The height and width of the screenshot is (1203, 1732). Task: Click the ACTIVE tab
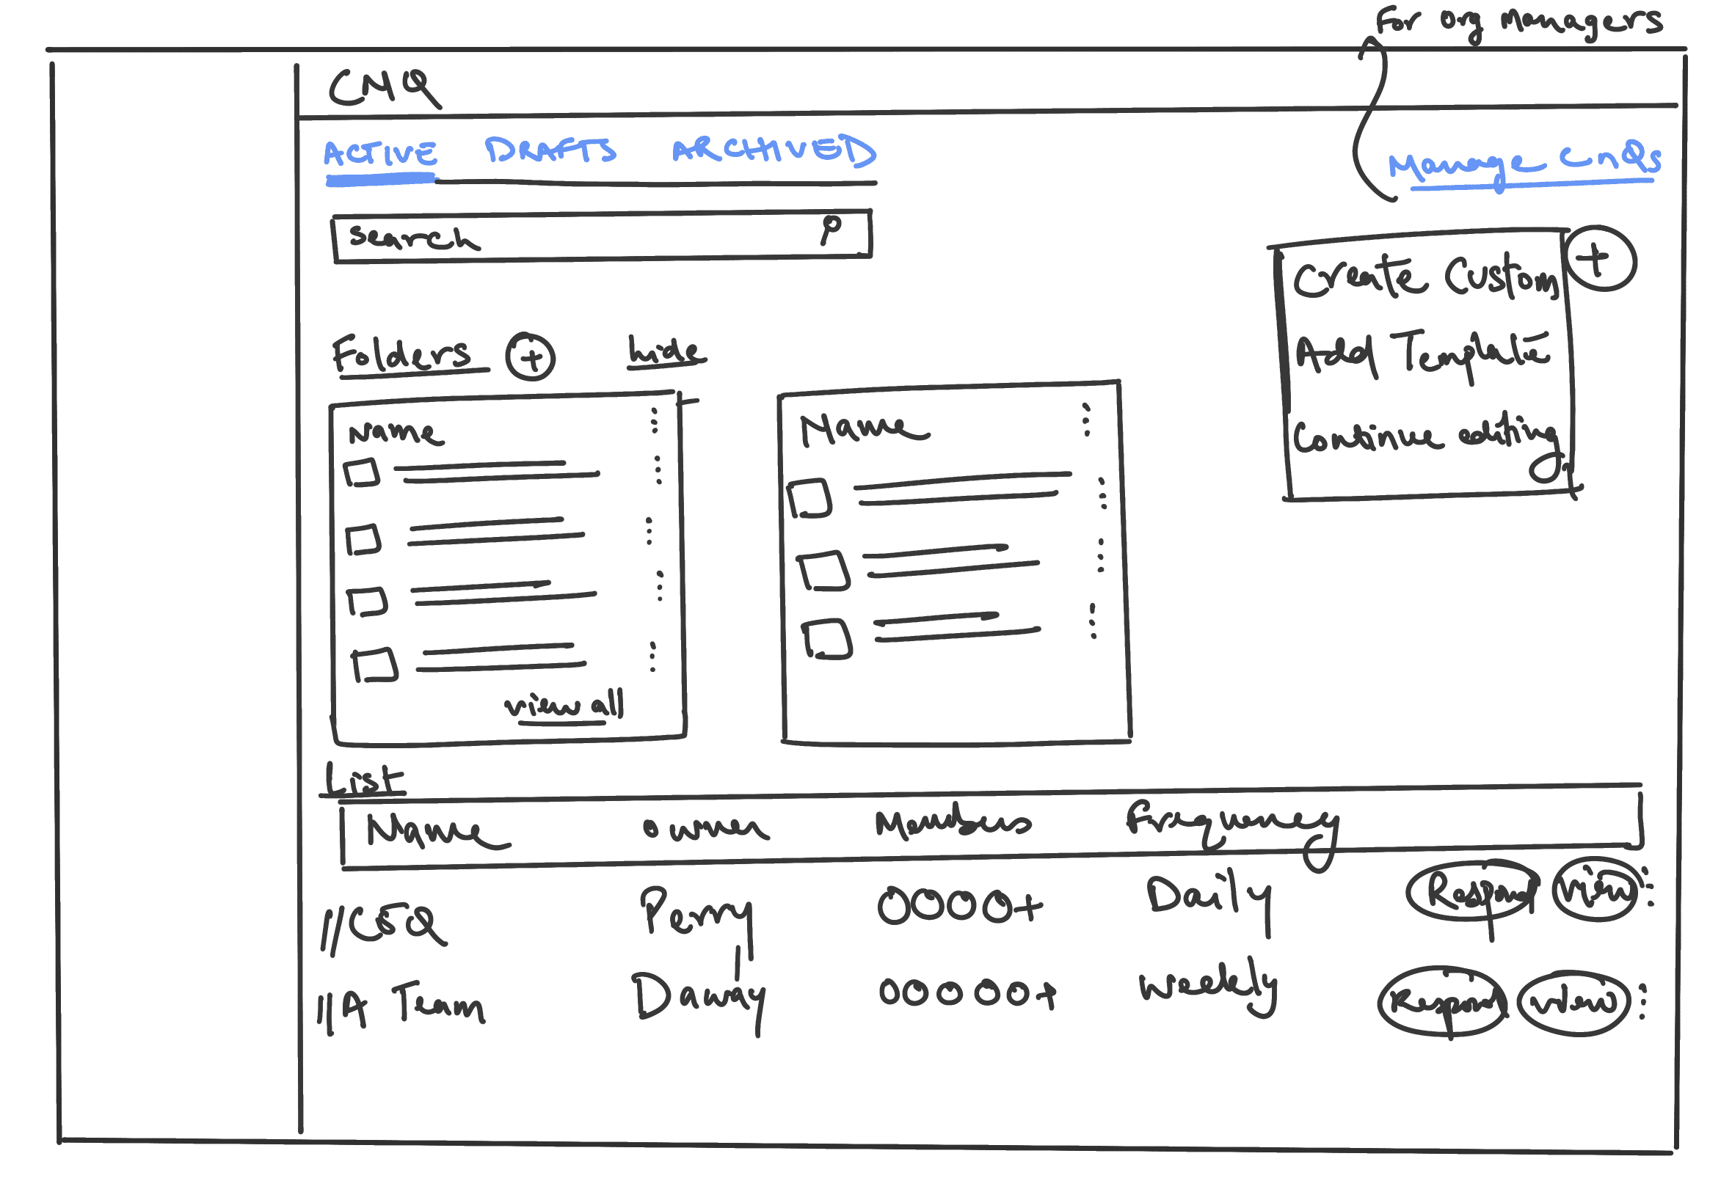[379, 155]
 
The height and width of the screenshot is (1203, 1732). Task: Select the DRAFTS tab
[550, 151]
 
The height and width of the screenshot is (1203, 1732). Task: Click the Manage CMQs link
[1522, 162]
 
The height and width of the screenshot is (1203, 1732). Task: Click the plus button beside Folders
[530, 356]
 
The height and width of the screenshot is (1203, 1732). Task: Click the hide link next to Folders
[666, 352]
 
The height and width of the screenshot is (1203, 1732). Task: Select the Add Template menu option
[1421, 354]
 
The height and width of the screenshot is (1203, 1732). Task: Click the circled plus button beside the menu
[1599, 259]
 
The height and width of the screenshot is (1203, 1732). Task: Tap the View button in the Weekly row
[1573, 1002]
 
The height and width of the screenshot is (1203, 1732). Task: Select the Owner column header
[705, 828]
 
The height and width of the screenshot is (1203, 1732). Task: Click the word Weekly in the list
[1207, 984]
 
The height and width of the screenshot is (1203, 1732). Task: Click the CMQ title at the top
[383, 88]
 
